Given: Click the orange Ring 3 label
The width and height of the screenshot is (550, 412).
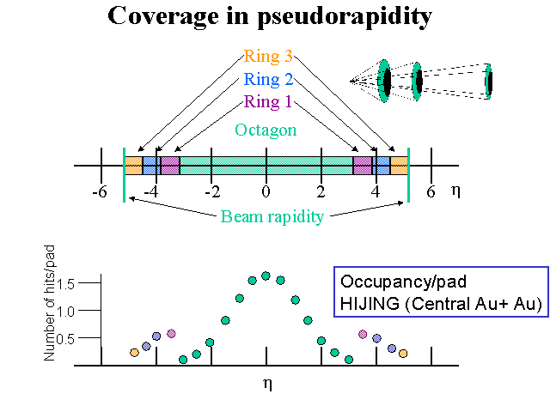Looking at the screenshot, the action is tap(268, 56).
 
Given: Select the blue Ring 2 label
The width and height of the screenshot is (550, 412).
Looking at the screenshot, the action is tap(268, 79).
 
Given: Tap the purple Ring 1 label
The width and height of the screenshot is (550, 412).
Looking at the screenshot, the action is tap(267, 102).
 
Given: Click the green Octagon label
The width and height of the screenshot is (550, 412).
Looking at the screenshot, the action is tap(266, 130).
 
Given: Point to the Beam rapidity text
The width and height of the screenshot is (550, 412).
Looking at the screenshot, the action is tap(272, 217).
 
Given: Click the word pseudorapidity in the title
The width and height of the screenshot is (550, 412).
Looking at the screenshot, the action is tap(345, 17).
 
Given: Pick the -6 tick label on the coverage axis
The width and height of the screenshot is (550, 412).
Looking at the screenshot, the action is tap(100, 192).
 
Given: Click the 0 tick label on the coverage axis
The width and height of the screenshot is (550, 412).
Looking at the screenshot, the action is tap(266, 192).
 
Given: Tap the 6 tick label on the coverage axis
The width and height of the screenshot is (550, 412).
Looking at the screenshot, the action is tap(431, 192).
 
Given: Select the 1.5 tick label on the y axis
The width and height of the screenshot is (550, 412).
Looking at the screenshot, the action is tap(65, 283).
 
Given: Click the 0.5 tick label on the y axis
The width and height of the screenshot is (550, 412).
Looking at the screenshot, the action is tap(65, 339).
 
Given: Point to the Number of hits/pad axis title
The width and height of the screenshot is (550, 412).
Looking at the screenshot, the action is tap(50, 303).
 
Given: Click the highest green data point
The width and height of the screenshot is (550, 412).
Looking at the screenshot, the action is tap(266, 276).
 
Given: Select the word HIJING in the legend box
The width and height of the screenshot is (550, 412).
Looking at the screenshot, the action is tap(370, 303).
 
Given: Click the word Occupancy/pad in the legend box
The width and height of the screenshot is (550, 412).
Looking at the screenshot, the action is tap(403, 282).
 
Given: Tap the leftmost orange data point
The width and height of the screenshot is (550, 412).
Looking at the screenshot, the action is tap(134, 353).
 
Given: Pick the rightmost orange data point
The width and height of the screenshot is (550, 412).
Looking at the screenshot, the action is tap(403, 354).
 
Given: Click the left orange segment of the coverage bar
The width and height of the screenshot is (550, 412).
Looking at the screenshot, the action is tap(134, 166).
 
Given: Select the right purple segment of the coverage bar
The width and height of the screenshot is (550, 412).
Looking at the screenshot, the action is tap(363, 166).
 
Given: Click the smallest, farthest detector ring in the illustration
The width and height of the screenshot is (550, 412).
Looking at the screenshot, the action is tap(489, 82).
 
